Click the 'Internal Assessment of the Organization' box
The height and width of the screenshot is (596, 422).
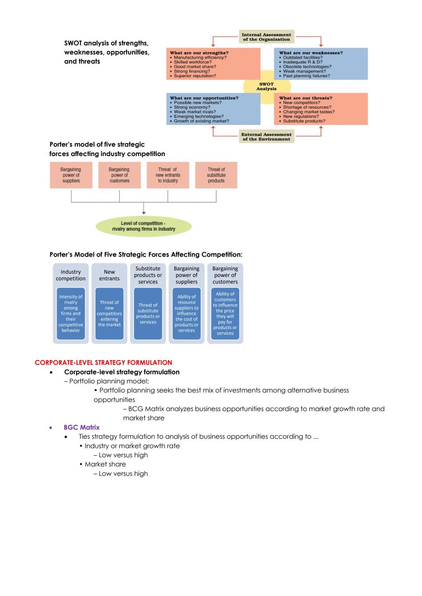[x=266, y=37]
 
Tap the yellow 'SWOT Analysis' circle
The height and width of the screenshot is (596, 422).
[x=266, y=86]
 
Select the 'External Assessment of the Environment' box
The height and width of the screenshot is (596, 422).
[x=266, y=137]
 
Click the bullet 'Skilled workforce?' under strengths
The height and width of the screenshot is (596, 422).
[x=193, y=62]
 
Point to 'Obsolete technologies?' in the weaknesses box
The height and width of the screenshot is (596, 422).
[x=307, y=67]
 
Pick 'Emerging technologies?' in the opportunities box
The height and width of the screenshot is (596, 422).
[x=198, y=117]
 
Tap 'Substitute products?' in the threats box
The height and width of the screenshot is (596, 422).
[x=304, y=121]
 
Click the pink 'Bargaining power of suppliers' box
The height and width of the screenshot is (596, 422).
[x=71, y=175]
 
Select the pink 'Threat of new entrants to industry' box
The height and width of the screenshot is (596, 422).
[x=168, y=175]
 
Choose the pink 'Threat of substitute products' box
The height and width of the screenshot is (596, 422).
[x=216, y=175]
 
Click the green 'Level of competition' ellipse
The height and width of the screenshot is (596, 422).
[x=143, y=226]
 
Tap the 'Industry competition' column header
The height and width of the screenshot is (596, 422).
[x=71, y=275]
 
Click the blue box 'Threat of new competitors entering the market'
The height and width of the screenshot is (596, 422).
[x=109, y=314]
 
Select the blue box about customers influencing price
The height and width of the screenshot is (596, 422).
[x=225, y=314]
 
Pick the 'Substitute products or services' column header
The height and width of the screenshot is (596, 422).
[x=148, y=275]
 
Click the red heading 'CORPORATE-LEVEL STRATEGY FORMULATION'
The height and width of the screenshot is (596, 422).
[x=104, y=363]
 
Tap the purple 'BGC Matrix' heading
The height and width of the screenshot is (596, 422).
[x=82, y=427]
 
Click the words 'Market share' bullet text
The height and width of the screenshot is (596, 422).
[x=105, y=464]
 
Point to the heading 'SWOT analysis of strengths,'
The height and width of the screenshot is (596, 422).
[x=106, y=43]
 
